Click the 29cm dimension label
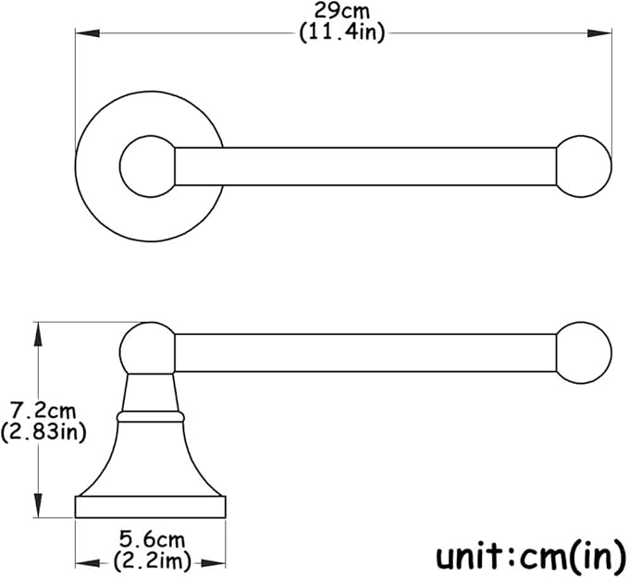(x=341, y=12)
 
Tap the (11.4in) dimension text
(x=342, y=32)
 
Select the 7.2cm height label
(x=43, y=412)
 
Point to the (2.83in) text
(x=43, y=432)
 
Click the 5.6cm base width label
(x=153, y=540)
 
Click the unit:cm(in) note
(x=531, y=556)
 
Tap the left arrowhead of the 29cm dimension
(x=87, y=33)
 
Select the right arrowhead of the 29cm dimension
(x=599, y=33)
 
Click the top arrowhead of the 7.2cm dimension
(x=38, y=334)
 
